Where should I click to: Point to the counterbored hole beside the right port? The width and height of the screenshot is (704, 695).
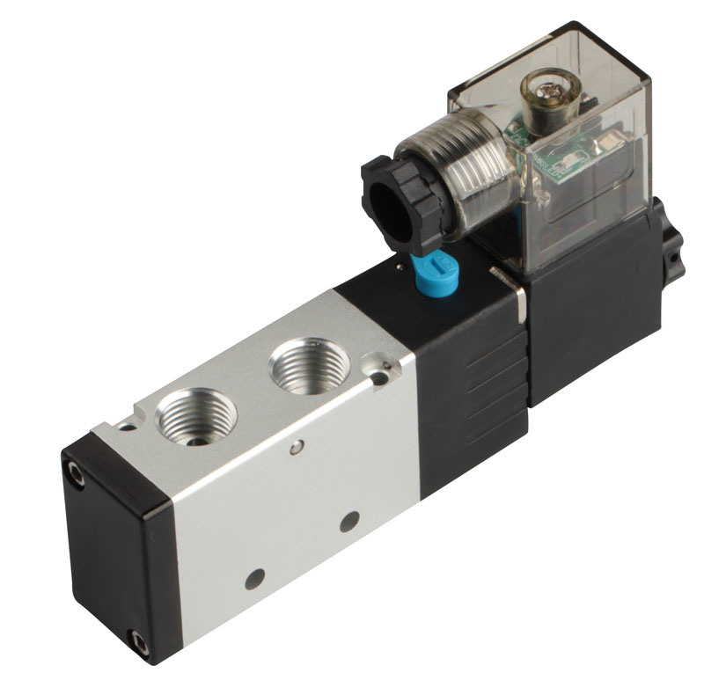378,377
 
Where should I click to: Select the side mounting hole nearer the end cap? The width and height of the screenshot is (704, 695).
256,578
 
